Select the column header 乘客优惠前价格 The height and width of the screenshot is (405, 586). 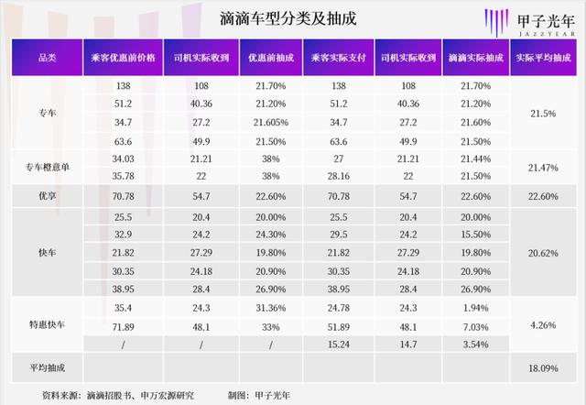[x=122, y=58]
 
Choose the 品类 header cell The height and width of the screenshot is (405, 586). [x=46, y=58]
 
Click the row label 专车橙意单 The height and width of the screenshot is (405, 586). [x=46, y=167]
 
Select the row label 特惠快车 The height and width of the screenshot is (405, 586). [x=46, y=324]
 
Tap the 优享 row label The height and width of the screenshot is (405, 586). [x=46, y=195]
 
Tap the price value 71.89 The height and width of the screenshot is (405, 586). [x=122, y=326]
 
